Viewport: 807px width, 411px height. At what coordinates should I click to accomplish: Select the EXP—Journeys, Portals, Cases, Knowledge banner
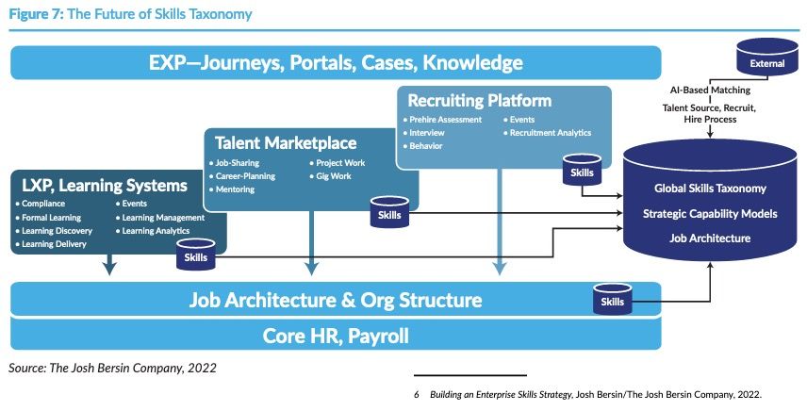335,63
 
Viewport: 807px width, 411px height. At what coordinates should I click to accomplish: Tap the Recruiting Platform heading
479,101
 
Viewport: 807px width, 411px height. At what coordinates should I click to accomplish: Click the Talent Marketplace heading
286,143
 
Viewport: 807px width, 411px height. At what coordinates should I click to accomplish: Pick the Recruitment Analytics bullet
551,134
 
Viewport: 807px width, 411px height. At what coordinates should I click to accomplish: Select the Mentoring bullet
239,189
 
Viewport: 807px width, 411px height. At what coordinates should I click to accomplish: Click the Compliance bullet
45,204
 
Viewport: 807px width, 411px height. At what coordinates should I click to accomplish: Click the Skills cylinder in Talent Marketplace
388,213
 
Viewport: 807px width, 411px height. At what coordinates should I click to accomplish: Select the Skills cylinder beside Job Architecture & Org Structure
612,301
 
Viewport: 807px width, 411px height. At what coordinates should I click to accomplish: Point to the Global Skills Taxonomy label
710,189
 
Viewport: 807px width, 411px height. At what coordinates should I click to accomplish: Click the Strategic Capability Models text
710,213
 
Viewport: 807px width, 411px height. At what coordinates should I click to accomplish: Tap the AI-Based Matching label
710,90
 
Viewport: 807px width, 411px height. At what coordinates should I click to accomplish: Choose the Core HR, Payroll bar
335,336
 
